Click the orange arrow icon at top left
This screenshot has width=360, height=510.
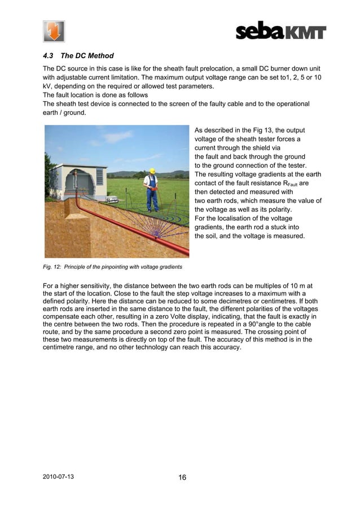[54, 31]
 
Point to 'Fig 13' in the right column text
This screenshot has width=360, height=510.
[256, 129]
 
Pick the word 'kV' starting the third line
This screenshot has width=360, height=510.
[48, 85]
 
